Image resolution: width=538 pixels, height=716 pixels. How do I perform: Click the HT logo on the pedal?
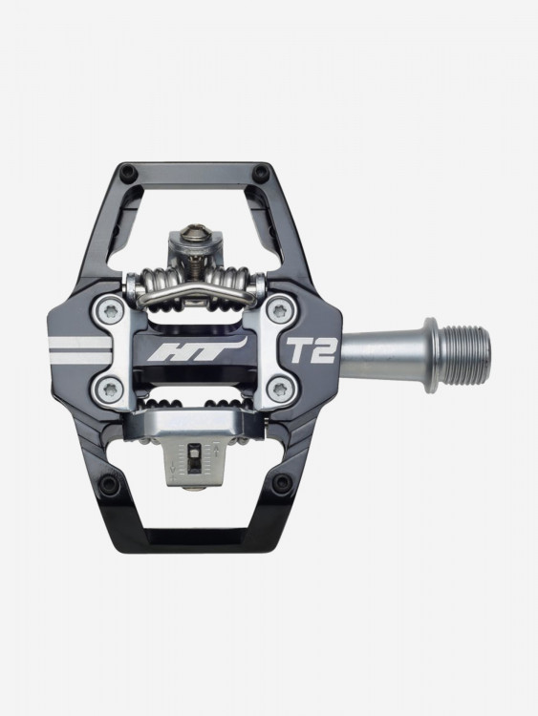(198, 349)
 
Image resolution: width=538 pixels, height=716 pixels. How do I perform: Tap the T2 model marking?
(311, 349)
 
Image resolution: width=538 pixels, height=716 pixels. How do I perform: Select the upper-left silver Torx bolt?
(111, 311)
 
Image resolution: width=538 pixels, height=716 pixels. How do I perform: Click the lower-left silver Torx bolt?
(111, 390)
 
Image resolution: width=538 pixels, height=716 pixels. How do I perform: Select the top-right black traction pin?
(261, 172)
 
